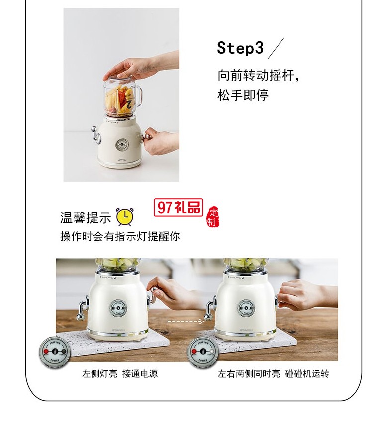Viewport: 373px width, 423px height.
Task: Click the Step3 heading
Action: (240, 48)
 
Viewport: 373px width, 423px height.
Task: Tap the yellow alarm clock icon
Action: (125, 217)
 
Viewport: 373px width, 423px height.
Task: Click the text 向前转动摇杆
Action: (259, 76)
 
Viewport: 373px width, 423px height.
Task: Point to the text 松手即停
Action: (243, 95)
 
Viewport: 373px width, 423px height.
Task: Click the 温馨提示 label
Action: (85, 218)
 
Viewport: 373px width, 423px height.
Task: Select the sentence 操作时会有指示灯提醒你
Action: (120, 237)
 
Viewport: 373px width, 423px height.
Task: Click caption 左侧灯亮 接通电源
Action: (120, 373)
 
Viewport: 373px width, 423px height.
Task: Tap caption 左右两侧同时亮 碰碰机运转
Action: (273, 373)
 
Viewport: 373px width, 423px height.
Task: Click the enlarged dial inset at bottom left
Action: (54, 353)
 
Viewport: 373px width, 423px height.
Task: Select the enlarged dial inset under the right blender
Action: (203, 353)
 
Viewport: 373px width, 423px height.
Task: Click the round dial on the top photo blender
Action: (122, 145)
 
